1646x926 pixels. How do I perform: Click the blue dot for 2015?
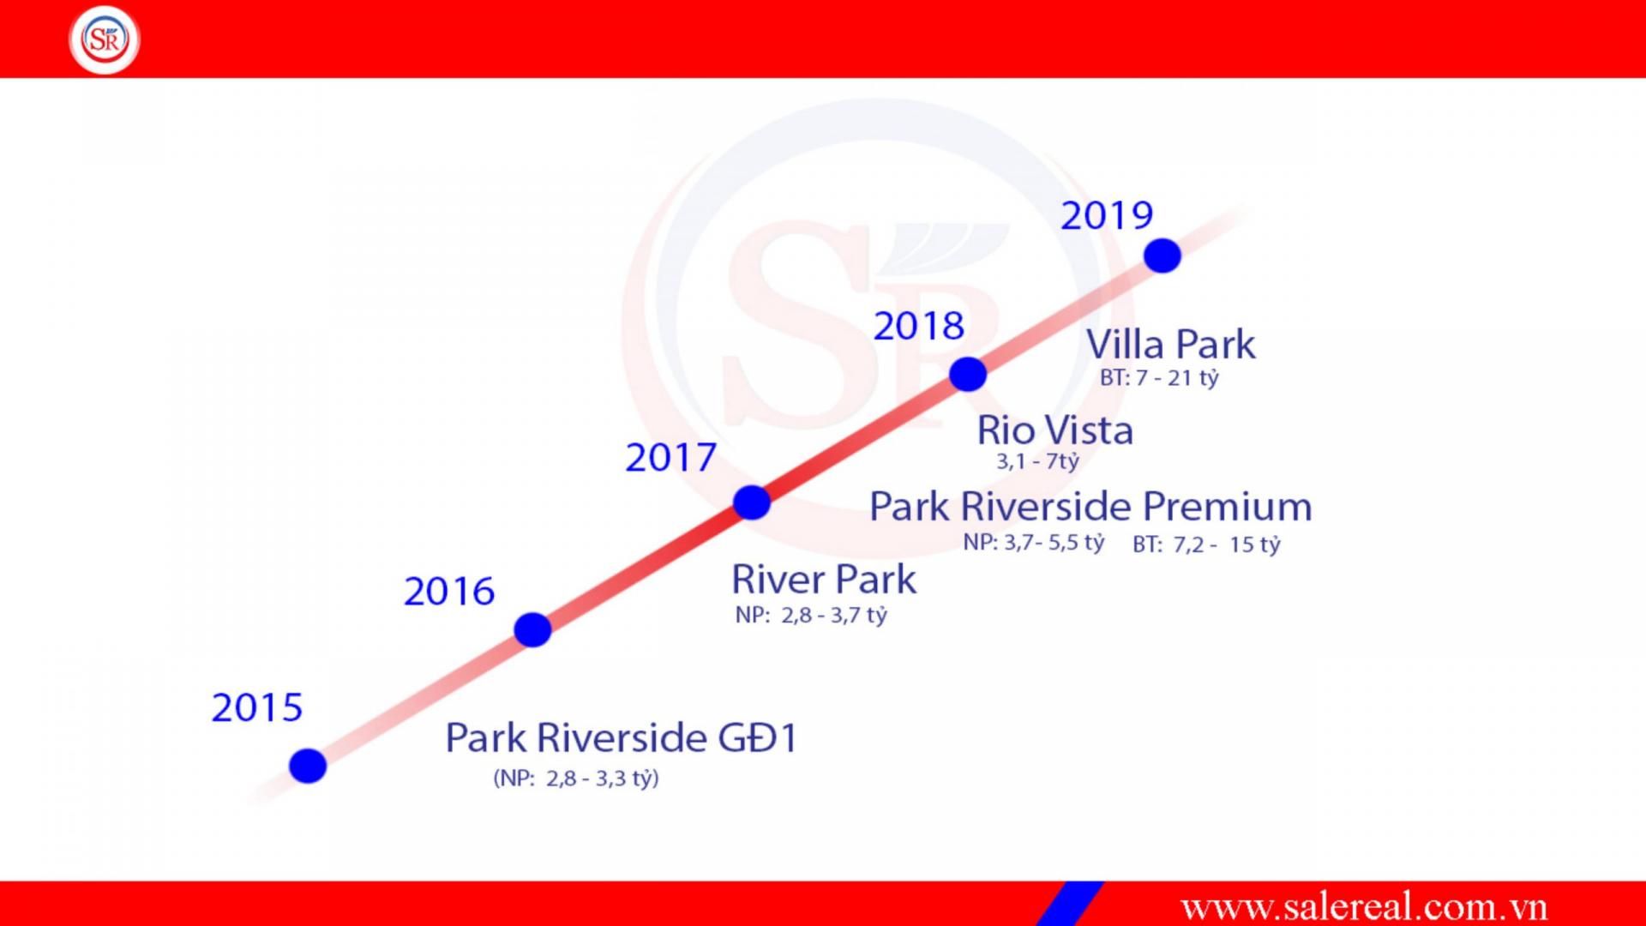(x=308, y=766)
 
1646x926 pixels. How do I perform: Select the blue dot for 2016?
(x=532, y=630)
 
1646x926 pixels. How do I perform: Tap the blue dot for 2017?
(x=752, y=502)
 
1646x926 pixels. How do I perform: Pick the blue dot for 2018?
(x=968, y=375)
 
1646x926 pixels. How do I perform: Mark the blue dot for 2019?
(x=1162, y=256)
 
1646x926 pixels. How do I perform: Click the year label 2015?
(x=257, y=708)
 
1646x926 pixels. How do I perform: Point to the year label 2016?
(x=449, y=592)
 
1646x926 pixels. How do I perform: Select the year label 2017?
(x=670, y=458)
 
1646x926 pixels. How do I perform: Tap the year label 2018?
(x=919, y=327)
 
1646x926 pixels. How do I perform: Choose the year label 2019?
(x=1107, y=216)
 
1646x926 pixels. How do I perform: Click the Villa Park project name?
(x=1171, y=345)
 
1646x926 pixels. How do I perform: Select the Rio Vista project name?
(x=1055, y=430)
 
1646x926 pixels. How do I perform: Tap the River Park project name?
(x=824, y=580)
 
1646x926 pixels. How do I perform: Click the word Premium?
(x=1228, y=507)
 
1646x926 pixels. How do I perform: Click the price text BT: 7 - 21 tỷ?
(x=1159, y=378)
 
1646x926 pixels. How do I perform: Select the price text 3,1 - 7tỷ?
(x=1037, y=461)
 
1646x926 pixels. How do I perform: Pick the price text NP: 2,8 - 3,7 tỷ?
(x=811, y=616)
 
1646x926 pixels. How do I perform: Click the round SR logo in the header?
(x=105, y=39)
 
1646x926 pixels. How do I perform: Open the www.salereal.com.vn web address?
(x=1364, y=907)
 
